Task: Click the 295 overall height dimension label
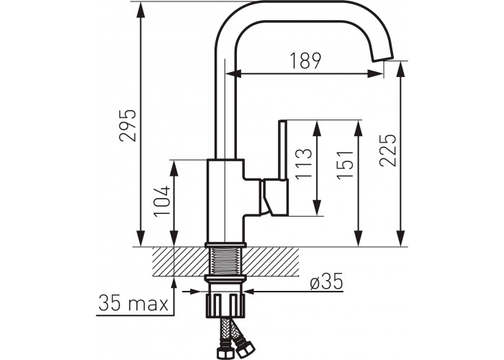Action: (127, 126)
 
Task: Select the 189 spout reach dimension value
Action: (305, 60)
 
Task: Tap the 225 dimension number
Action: (387, 150)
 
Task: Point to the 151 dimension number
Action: (345, 165)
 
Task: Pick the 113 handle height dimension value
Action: (303, 163)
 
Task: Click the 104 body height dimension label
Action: (162, 201)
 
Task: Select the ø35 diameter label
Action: (327, 282)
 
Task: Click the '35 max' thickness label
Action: (133, 303)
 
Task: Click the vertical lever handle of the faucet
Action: (282, 150)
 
